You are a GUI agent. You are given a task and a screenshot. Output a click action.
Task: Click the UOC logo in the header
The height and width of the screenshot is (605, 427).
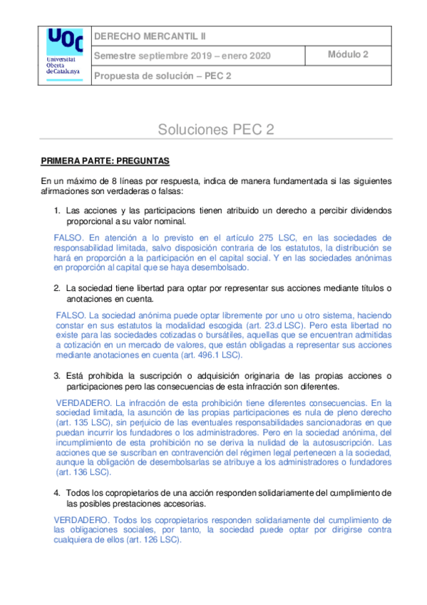tap(63, 52)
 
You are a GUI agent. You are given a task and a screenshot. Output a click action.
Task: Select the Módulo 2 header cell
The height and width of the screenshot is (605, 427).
tap(348, 54)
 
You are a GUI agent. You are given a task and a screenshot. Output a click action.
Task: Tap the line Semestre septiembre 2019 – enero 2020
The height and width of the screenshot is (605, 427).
tap(182, 56)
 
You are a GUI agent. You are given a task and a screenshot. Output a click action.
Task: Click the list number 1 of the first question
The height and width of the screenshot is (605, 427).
tap(57, 211)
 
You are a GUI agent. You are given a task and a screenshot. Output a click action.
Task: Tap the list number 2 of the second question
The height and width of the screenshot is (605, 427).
tap(57, 288)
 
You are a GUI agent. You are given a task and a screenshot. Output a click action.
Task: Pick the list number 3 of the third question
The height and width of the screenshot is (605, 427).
tap(57, 376)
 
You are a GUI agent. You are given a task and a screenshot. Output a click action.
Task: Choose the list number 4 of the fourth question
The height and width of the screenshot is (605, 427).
tap(57, 493)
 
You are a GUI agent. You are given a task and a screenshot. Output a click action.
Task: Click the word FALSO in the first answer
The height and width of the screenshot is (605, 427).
tap(68, 238)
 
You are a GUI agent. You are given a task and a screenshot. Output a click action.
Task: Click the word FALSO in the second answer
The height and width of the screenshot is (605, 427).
tap(69, 315)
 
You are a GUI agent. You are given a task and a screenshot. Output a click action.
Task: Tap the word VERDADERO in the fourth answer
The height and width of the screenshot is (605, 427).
tap(80, 519)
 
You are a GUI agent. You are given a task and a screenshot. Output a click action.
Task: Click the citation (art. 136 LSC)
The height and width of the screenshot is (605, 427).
tap(84, 472)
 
